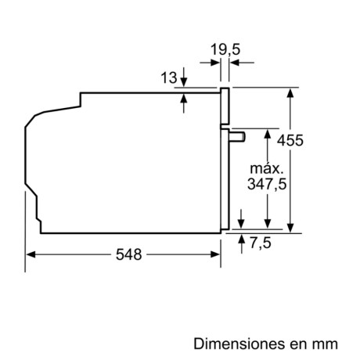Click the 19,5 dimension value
tap(225, 52)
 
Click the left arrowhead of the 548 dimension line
tap(30, 254)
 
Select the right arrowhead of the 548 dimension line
tap(215, 254)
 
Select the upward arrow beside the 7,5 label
tap(242, 237)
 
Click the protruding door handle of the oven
tap(238, 137)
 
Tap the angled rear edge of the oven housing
tap(31, 126)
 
